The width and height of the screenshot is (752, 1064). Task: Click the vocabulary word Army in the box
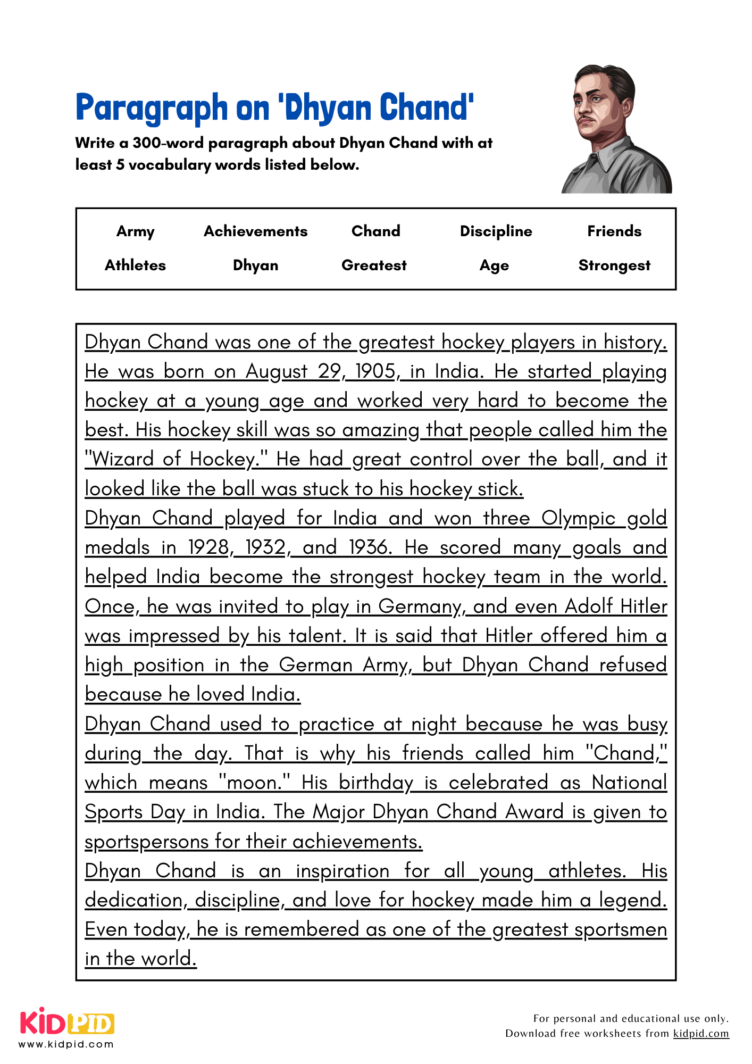tap(136, 231)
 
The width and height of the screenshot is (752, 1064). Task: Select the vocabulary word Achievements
tap(256, 231)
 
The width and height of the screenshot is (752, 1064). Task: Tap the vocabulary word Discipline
tap(496, 231)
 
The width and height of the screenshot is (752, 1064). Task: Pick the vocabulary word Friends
tap(614, 231)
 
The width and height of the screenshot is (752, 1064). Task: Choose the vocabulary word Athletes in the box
tap(135, 265)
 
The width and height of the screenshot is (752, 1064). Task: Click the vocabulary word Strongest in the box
tap(614, 265)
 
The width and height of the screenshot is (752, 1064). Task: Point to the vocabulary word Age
tap(494, 265)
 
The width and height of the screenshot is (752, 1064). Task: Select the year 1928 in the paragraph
tap(209, 547)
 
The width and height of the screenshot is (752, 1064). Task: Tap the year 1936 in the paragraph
tap(370, 547)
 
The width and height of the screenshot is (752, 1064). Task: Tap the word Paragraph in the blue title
tap(152, 108)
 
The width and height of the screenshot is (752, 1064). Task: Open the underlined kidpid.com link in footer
tap(701, 1034)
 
